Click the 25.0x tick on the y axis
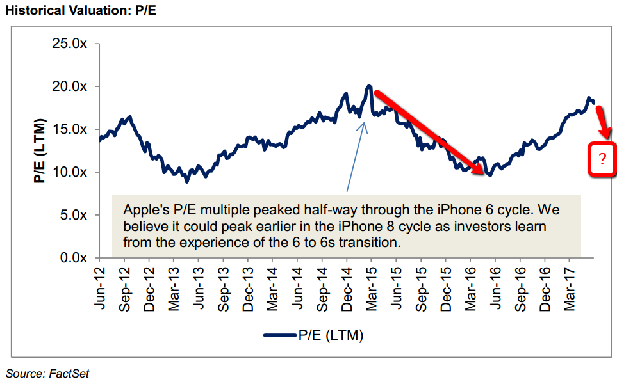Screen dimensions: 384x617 69,44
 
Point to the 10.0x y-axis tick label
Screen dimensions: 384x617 69,172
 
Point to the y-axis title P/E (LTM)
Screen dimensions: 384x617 40,150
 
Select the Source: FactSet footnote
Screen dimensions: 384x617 47,374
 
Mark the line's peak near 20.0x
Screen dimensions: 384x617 369,86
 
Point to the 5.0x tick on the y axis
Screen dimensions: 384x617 72,215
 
